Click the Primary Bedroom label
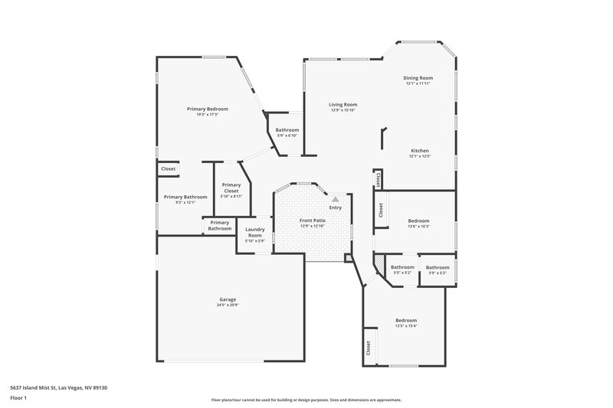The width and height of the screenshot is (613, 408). (208, 109)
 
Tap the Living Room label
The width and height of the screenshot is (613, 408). (343, 105)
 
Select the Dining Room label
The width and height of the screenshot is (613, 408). (418, 78)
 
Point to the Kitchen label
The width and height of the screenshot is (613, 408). (419, 151)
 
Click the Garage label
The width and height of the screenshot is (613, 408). (228, 299)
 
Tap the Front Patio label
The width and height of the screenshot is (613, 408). (312, 220)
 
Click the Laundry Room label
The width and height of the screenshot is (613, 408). (254, 233)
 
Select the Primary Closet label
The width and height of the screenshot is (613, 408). (231, 188)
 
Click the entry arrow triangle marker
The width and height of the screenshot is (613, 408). (335, 199)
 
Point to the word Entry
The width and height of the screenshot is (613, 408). (336, 207)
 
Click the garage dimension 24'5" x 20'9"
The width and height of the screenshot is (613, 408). (228, 305)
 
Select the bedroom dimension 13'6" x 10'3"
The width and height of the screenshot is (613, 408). (418, 226)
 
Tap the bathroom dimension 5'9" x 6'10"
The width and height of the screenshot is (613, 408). (287, 135)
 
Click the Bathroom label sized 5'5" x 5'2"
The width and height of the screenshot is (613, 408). (402, 267)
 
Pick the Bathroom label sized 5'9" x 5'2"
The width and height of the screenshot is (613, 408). (438, 267)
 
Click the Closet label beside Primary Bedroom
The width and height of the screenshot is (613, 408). (168, 168)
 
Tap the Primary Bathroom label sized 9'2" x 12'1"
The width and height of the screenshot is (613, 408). (185, 197)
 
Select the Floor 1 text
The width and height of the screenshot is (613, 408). (18, 398)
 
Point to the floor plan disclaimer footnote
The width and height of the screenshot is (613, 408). (306, 400)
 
